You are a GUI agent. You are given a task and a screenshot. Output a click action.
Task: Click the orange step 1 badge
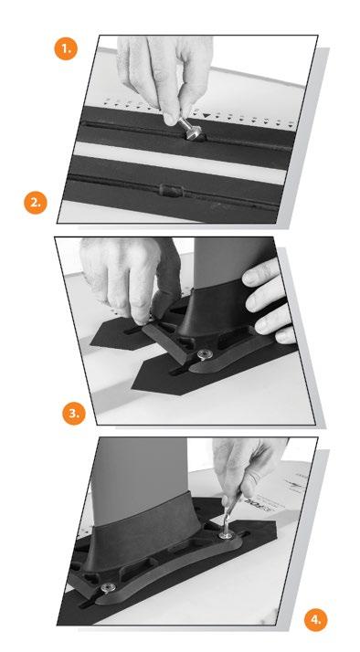pos(66,48)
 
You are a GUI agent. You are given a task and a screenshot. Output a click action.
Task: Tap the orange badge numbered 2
pos(36,203)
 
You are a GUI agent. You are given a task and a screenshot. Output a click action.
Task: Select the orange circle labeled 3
pos(74,413)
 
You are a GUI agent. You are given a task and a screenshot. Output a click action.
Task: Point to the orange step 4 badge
pos(316,620)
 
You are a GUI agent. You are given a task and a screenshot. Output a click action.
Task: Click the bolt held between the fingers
pos(191,130)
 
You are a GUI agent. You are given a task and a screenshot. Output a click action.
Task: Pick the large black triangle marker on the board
pos(206,115)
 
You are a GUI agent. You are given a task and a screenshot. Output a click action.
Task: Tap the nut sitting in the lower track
pos(171,190)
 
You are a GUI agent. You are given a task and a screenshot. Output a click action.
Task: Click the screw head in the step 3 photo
pos(204,354)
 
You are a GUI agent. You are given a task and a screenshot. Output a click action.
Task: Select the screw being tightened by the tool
pos(227,534)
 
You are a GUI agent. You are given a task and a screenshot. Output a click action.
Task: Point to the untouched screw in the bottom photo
pos(109,587)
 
